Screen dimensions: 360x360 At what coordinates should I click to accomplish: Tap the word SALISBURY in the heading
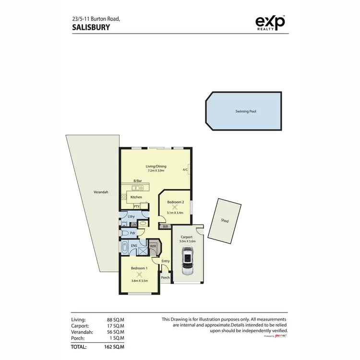[91, 27]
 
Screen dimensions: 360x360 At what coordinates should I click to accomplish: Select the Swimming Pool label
[245, 111]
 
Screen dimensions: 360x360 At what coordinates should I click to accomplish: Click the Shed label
[225, 221]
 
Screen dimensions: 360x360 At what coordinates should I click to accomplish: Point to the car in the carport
[186, 262]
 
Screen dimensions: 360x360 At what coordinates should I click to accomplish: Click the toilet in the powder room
[124, 233]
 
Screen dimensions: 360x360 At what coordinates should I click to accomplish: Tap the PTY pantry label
[136, 206]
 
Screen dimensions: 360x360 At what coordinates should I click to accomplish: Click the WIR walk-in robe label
[153, 246]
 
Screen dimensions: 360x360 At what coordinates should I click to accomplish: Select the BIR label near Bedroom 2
[165, 227]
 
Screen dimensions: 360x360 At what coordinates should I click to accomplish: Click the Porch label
[165, 277]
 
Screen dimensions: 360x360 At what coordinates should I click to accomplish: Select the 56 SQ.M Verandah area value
[115, 332]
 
